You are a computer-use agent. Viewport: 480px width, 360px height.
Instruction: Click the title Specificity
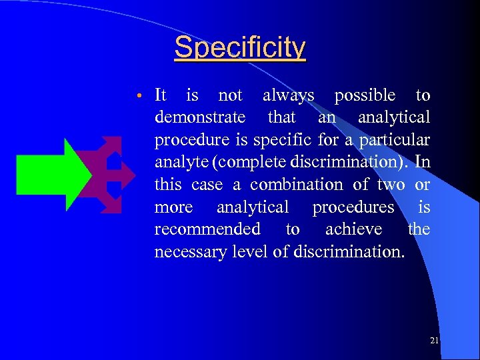pos(240,47)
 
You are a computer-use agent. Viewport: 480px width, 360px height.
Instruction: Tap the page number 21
pos(435,341)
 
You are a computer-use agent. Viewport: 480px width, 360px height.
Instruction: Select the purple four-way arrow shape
pos(107,175)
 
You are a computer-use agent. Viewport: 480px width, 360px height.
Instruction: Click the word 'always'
pos(288,96)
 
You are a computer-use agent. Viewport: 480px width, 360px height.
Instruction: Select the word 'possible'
pos(365,96)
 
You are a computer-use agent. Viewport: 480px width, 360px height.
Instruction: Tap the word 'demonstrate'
pos(199,118)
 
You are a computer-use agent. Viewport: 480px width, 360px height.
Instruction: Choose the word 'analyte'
pos(177,163)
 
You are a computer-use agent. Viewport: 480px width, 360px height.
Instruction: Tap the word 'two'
pos(391,185)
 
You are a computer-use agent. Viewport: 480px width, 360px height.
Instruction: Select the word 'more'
pos(173,207)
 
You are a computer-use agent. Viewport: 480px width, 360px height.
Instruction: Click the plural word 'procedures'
pos(353,207)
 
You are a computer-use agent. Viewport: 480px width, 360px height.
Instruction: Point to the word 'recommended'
pos(207,229)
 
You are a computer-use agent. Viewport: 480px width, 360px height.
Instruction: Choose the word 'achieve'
pos(353,229)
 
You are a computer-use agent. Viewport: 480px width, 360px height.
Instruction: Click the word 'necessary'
pos(189,252)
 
